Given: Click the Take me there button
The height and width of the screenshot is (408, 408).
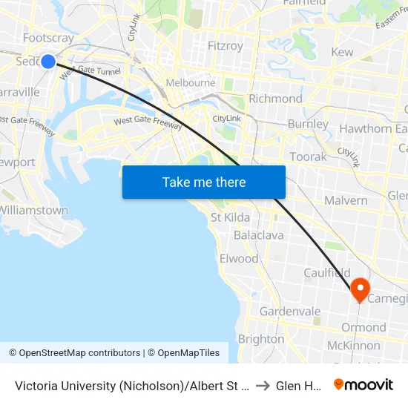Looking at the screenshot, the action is (x=204, y=182).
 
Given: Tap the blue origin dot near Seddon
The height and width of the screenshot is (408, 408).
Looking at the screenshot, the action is (x=48, y=61).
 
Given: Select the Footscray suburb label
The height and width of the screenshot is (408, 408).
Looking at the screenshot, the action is (x=47, y=37).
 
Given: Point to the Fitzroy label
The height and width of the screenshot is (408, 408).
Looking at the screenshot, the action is (x=226, y=46).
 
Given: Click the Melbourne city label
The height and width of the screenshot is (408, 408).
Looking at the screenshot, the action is (x=191, y=82).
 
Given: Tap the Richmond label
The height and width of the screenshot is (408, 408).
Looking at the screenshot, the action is (x=275, y=99).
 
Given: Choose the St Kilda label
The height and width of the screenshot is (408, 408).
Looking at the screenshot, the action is (x=230, y=217).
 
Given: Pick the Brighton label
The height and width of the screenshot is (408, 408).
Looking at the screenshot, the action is (x=261, y=339).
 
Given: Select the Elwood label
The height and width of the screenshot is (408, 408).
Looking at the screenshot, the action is (x=239, y=259).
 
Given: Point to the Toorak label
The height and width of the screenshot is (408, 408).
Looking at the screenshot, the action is (x=309, y=157).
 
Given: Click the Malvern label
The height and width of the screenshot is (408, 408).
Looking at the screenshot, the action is (x=346, y=200).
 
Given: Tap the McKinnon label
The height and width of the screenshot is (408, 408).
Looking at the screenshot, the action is (x=354, y=345).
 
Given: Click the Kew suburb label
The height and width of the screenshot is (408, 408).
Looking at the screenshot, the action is (x=342, y=52).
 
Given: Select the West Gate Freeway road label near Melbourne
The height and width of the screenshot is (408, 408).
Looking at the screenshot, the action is (x=148, y=122).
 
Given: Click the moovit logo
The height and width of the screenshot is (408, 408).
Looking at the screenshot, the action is (x=363, y=384).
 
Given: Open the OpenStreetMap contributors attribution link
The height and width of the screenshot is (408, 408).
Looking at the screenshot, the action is (x=74, y=353).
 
